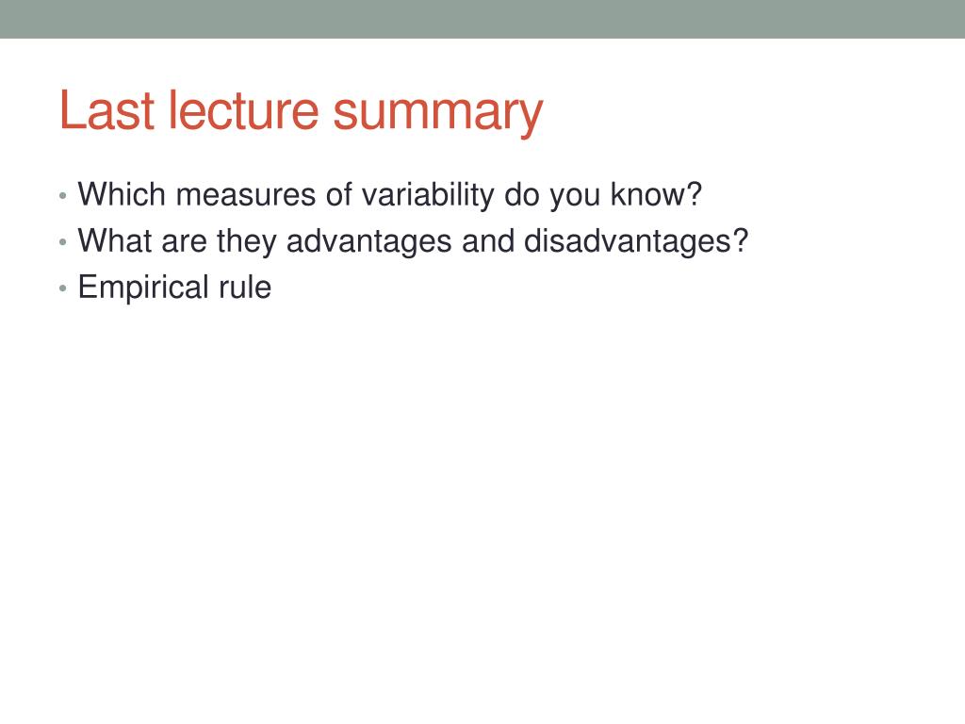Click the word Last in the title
point(106,110)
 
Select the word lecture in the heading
point(243,110)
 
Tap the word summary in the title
point(437,115)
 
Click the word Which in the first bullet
point(122,194)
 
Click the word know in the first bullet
point(648,194)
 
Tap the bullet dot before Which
point(63,196)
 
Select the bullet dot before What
point(63,242)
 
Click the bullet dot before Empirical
point(63,288)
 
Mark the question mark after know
point(695,194)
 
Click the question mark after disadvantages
point(741,240)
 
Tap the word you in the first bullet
point(575,198)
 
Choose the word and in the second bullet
point(488,240)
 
